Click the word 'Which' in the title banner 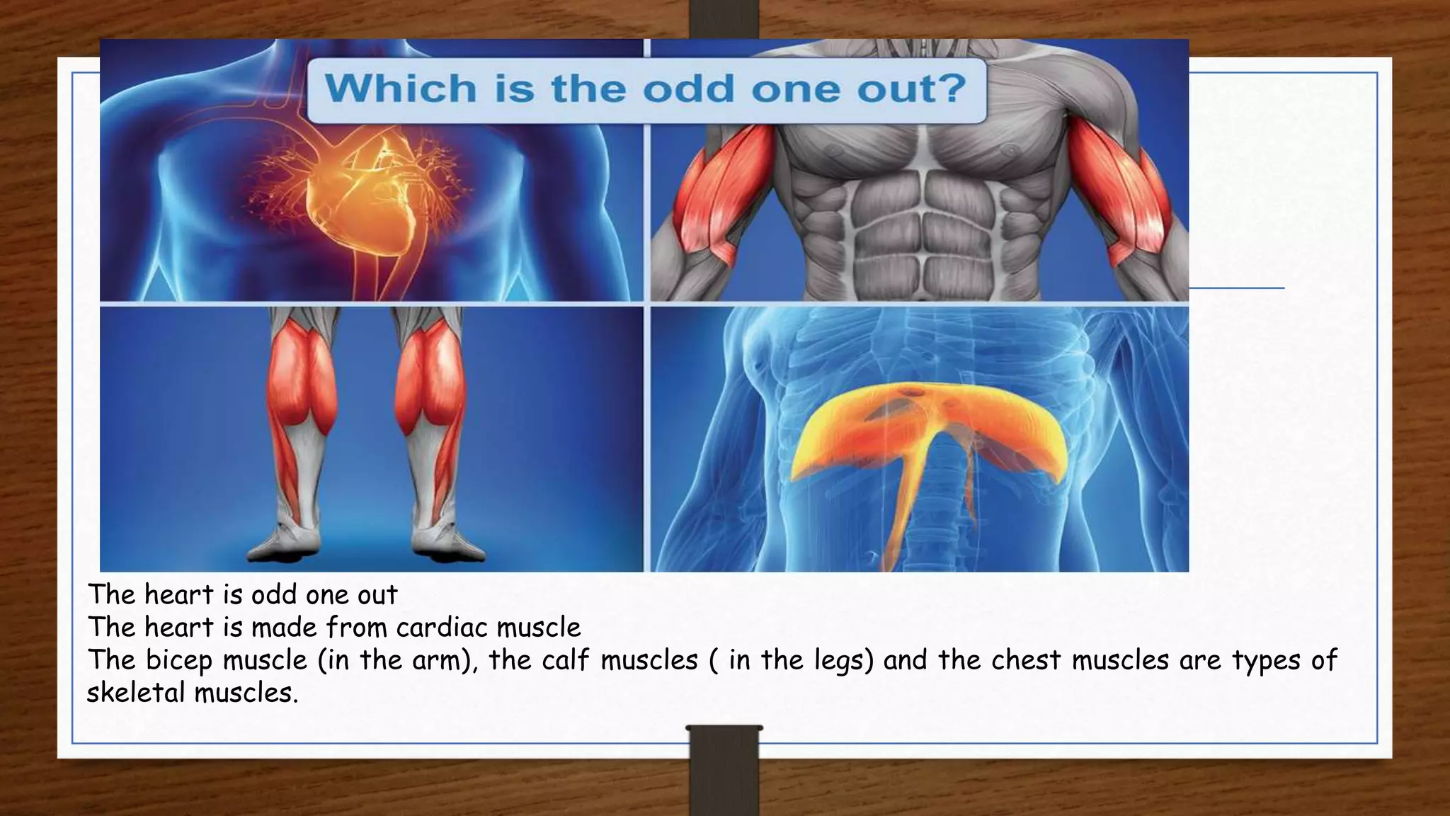(401, 89)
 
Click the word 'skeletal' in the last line (135, 693)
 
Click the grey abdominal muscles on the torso (920, 212)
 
